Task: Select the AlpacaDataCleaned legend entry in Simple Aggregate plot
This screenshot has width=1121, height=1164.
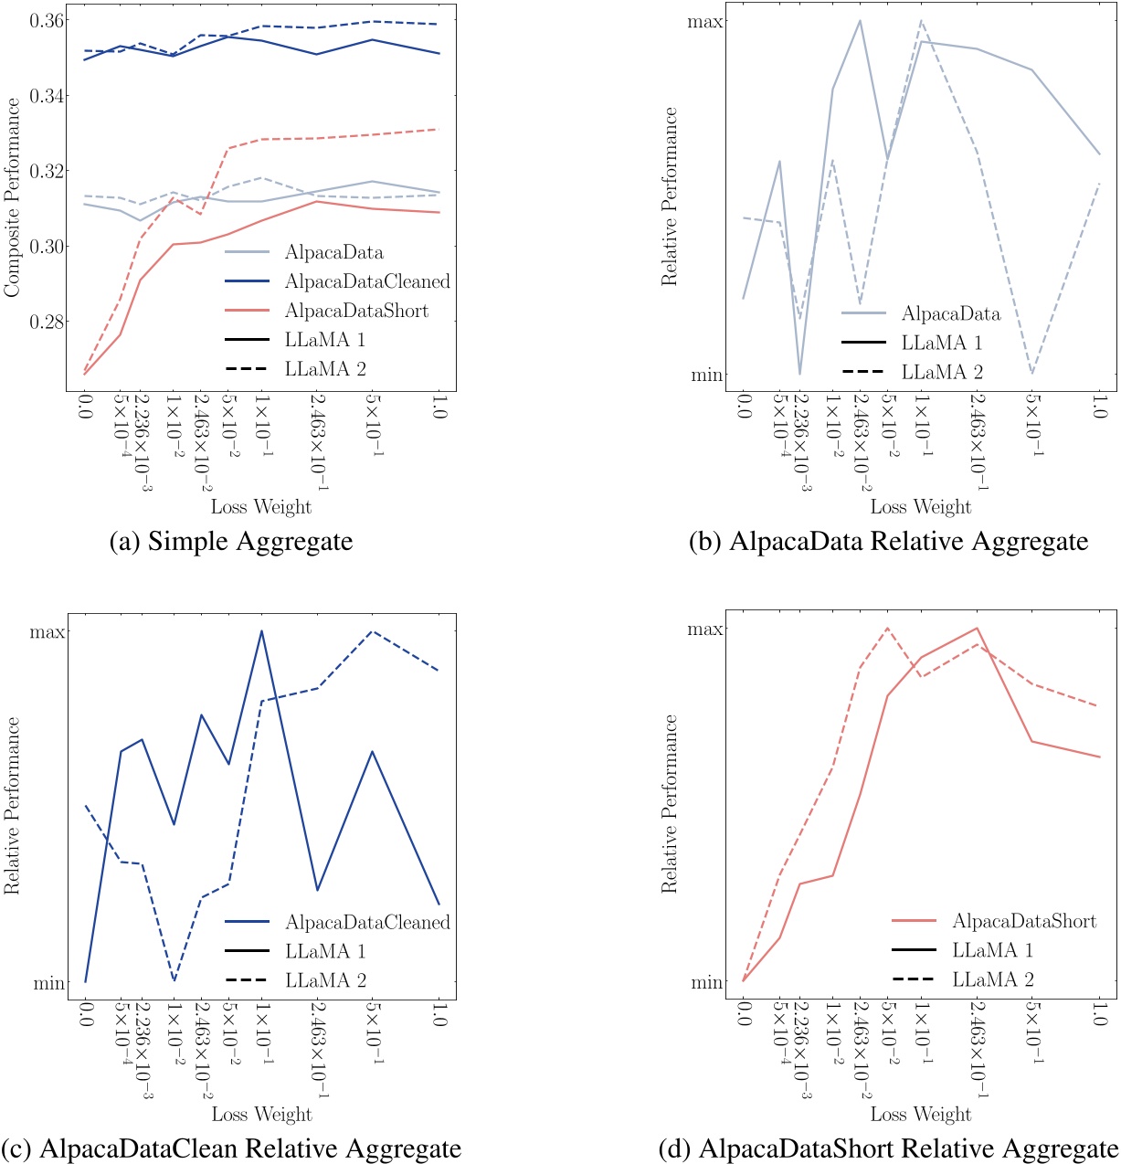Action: pos(366,281)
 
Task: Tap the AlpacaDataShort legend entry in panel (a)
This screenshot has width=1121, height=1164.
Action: pos(355,311)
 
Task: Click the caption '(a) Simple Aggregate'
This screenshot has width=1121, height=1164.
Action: pos(230,541)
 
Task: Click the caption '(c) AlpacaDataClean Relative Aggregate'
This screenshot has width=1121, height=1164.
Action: pos(231,1147)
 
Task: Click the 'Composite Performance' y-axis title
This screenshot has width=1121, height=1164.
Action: pos(13,198)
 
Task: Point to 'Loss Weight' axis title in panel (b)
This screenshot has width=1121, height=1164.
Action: pos(920,506)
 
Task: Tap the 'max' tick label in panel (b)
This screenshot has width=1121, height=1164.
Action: pos(705,20)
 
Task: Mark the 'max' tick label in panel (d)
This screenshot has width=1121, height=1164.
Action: pos(705,630)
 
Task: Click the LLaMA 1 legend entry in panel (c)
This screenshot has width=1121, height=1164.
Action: pos(325,951)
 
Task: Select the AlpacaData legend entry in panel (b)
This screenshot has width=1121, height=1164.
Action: pos(950,314)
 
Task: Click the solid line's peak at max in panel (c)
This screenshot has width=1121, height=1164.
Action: pos(261,630)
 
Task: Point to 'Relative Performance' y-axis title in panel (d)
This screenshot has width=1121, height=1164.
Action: pos(671,803)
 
